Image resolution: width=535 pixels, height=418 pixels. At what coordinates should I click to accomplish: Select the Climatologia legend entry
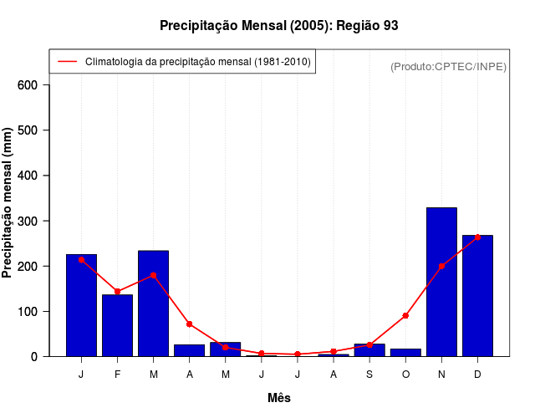pos(197,61)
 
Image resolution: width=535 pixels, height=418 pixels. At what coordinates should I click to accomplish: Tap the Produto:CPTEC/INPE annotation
pos(448,66)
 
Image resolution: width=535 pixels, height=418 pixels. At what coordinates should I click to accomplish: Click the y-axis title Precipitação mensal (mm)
pos(8,208)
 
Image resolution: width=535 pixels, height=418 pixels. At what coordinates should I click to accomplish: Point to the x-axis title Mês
pos(279,398)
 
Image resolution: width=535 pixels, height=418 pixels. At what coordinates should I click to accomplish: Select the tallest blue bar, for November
pos(441,282)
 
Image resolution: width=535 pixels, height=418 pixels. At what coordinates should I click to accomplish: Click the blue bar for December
pos(477,296)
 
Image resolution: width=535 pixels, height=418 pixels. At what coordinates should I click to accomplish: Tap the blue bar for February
pos(117,325)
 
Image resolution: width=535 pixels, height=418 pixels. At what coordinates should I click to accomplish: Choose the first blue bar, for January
pos(81,305)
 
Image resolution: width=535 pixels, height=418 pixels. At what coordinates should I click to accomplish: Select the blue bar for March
pos(154,303)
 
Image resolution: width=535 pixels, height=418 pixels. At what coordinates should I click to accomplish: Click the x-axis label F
pos(117,375)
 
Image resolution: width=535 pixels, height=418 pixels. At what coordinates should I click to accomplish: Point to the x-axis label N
pos(441,375)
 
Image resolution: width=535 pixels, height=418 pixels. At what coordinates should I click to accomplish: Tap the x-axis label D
pos(477,375)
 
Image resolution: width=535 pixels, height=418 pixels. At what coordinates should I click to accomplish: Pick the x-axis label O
pos(405,375)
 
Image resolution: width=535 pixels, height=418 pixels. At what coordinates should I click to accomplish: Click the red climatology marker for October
pos(405,315)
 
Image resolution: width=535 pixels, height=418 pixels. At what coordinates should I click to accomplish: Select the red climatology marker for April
pos(190,324)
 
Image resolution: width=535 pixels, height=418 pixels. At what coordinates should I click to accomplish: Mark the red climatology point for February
pos(117,291)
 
